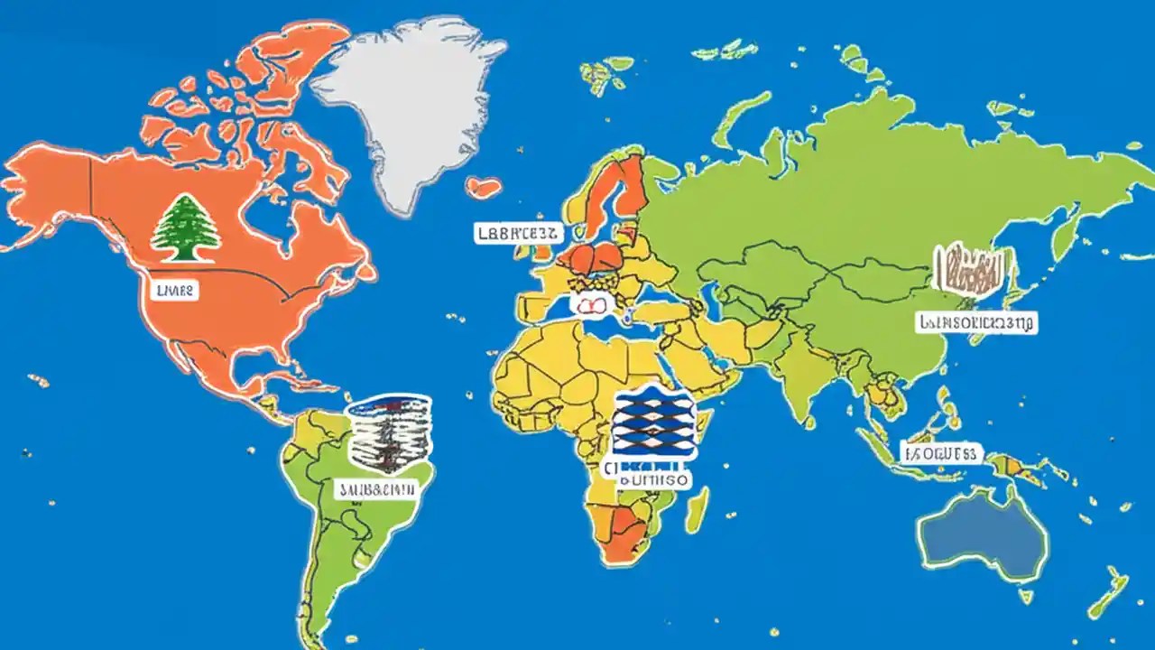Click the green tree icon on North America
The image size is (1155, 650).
coord(185,227)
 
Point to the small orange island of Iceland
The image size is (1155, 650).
coord(484,187)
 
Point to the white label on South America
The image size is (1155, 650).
coord(377,489)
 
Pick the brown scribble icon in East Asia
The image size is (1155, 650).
coord(973,269)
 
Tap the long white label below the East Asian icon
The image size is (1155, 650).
coord(976,321)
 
